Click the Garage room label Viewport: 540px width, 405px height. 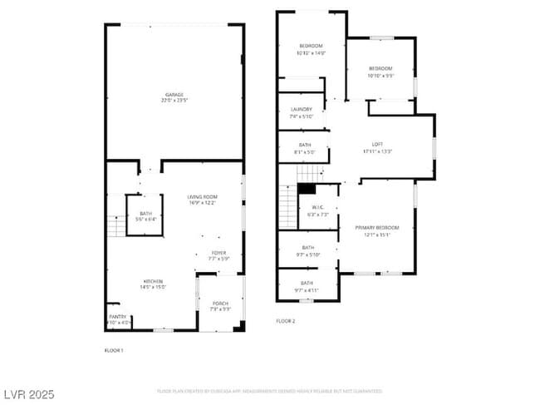174,96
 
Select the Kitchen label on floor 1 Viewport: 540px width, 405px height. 152,284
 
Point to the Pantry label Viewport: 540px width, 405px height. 118,319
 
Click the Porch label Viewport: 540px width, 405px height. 220,305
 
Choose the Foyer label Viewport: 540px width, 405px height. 218,255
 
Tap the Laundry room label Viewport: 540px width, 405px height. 302,112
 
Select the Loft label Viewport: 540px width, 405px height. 377,148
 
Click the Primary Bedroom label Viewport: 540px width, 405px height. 377,230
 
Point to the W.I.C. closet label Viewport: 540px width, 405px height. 318,211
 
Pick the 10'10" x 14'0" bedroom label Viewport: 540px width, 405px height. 311,49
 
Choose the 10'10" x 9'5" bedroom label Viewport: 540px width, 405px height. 380,72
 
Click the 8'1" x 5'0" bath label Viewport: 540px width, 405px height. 305,148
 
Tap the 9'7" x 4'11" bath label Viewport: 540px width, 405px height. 307,287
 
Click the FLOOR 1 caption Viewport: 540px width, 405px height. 114,350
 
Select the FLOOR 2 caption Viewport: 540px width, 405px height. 286,320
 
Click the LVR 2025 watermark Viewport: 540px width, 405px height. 29,393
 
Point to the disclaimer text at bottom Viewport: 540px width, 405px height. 269,390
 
